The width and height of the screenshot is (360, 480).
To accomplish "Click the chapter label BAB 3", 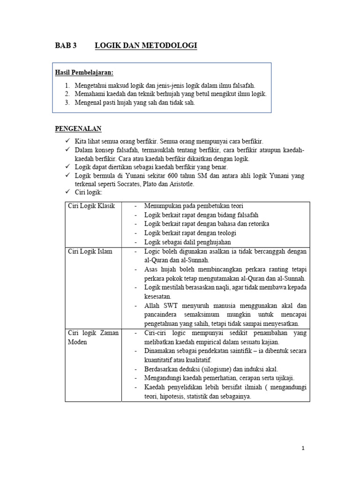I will pyautogui.click(x=65, y=45).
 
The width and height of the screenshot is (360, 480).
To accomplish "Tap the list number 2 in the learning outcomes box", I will pyautogui.click(x=67, y=94).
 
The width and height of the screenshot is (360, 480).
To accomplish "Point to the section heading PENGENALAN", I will pyautogui.click(x=78, y=128).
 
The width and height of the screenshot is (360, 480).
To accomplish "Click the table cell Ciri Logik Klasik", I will pyautogui.click(x=91, y=206).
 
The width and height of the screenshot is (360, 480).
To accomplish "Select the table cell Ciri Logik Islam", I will pyautogui.click(x=90, y=251).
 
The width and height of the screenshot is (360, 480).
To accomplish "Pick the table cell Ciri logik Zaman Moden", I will pyautogui.click(x=93, y=337).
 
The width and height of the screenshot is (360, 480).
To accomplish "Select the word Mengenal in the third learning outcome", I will pyautogui.click(x=90, y=103).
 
